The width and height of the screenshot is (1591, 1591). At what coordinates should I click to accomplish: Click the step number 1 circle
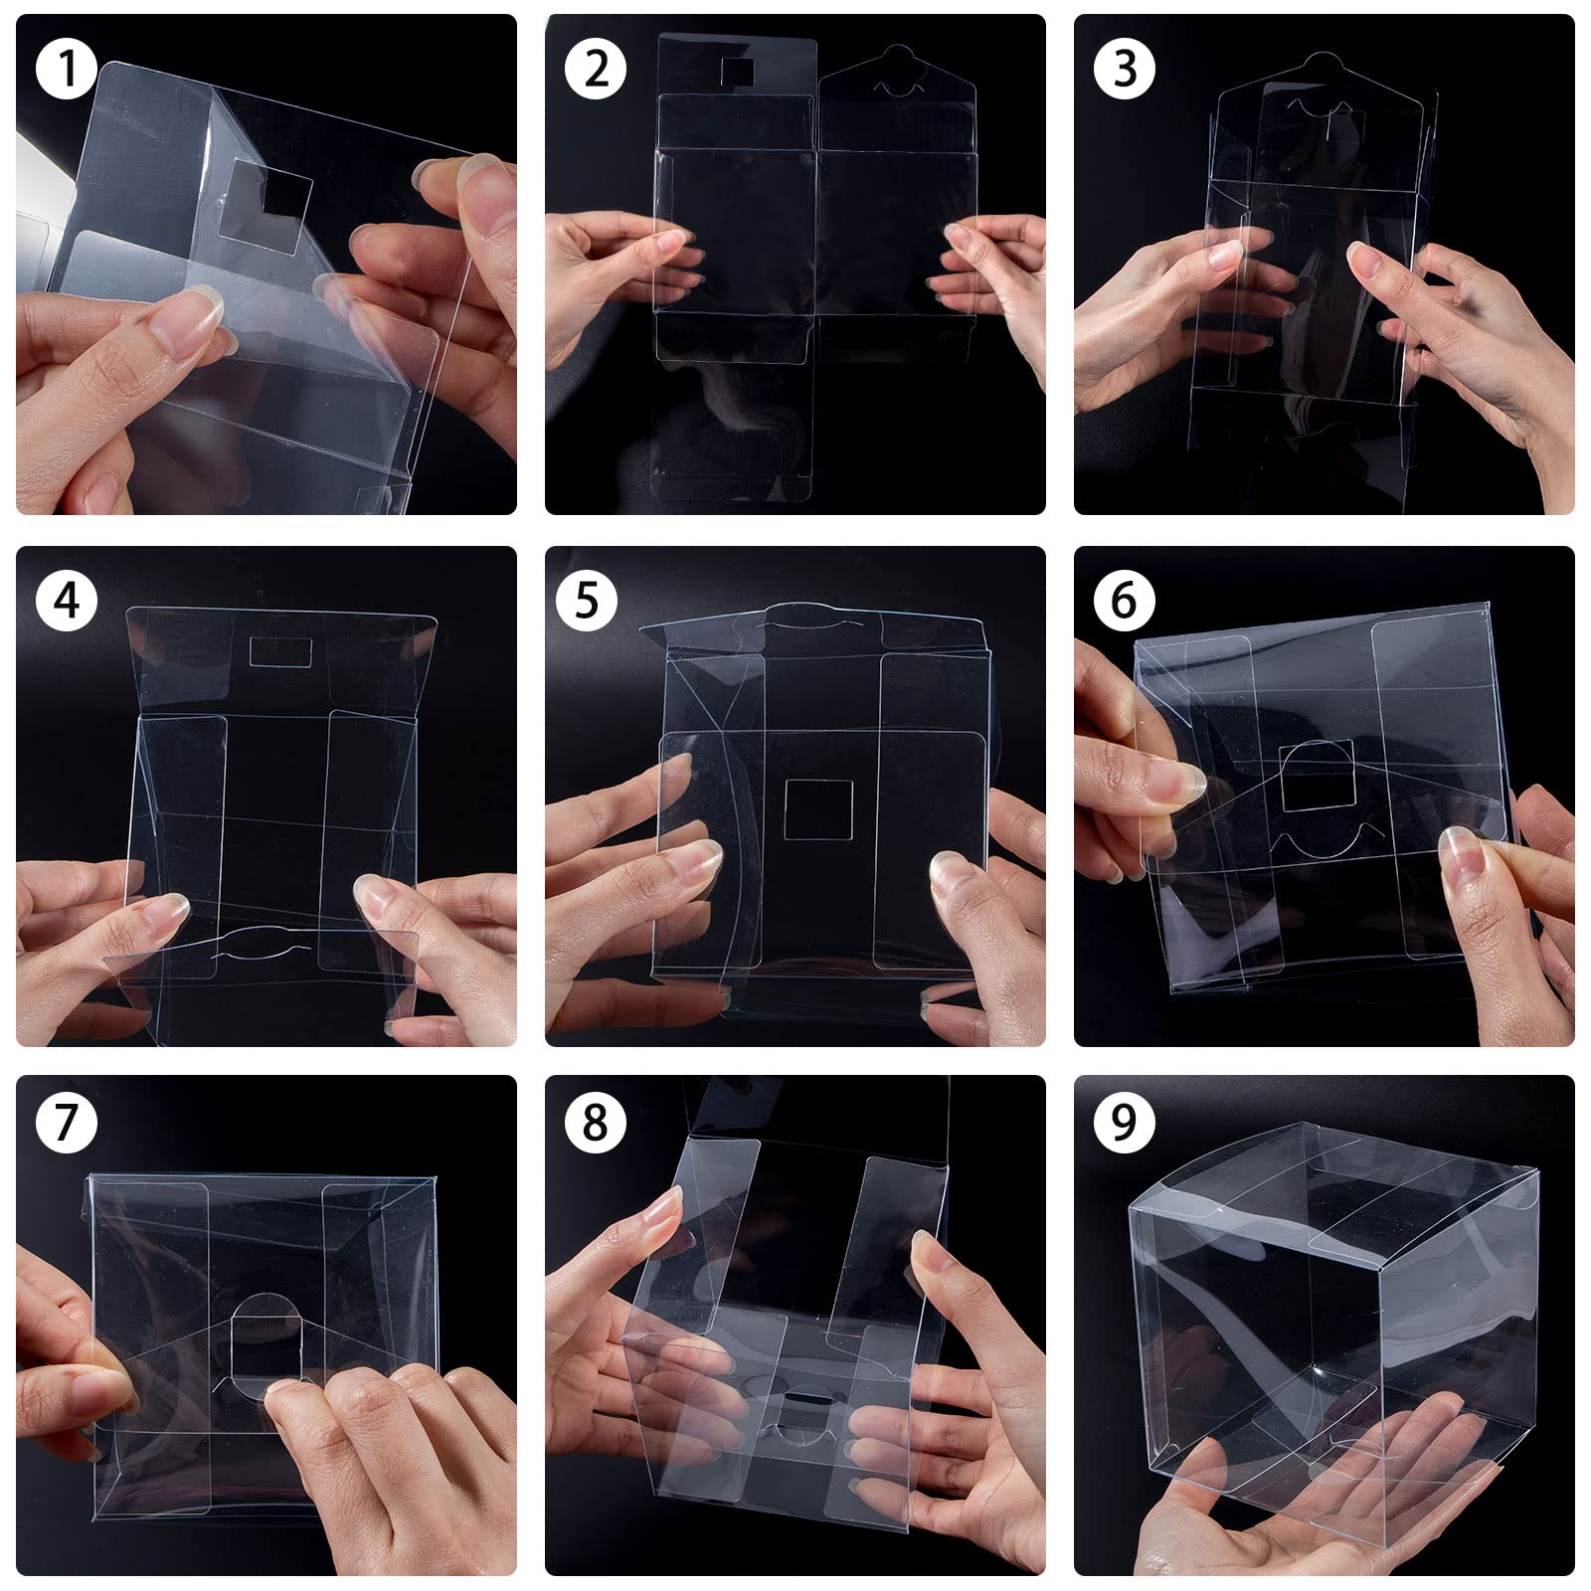[x=67, y=69]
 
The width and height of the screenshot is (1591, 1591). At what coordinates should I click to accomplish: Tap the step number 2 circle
[x=596, y=69]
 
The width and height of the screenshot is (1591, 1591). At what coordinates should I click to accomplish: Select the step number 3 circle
[x=1125, y=69]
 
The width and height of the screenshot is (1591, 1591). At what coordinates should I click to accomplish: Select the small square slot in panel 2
[x=736, y=71]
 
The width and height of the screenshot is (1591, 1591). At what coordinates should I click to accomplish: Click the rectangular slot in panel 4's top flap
[x=280, y=652]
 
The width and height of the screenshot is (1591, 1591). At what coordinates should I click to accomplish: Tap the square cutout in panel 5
[x=819, y=808]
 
